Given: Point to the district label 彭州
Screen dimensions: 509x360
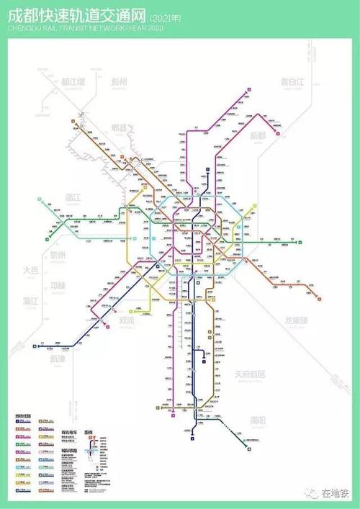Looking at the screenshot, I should click(x=118, y=81).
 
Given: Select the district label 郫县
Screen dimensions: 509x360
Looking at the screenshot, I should click(x=118, y=128).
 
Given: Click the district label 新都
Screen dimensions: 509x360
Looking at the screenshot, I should click(x=257, y=135).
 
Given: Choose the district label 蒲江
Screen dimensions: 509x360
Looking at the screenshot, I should click(x=30, y=299).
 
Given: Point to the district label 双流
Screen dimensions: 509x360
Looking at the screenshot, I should click(x=127, y=321).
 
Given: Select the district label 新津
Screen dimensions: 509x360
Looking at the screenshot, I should click(x=57, y=358).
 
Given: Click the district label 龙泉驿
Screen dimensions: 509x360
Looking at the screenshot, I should click(x=297, y=319).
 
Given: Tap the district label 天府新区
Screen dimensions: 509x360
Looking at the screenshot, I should click(x=251, y=374).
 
